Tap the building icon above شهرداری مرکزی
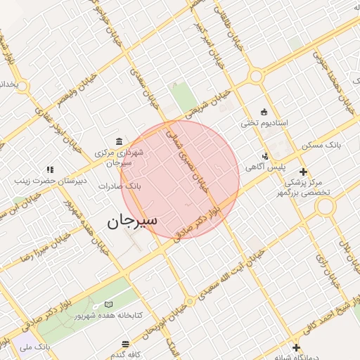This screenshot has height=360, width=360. coord(117,141)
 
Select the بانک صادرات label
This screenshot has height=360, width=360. coord(120,187)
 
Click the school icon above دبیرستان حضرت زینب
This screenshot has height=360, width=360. coord(49,169)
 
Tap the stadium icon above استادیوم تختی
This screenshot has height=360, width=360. coord(264,111)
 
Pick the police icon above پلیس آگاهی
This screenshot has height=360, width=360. coord(265,156)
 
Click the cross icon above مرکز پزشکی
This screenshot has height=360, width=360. coord(303,171)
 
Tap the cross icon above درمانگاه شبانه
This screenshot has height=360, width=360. coord(296,347)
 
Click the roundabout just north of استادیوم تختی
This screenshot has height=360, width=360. coord(256,76)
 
